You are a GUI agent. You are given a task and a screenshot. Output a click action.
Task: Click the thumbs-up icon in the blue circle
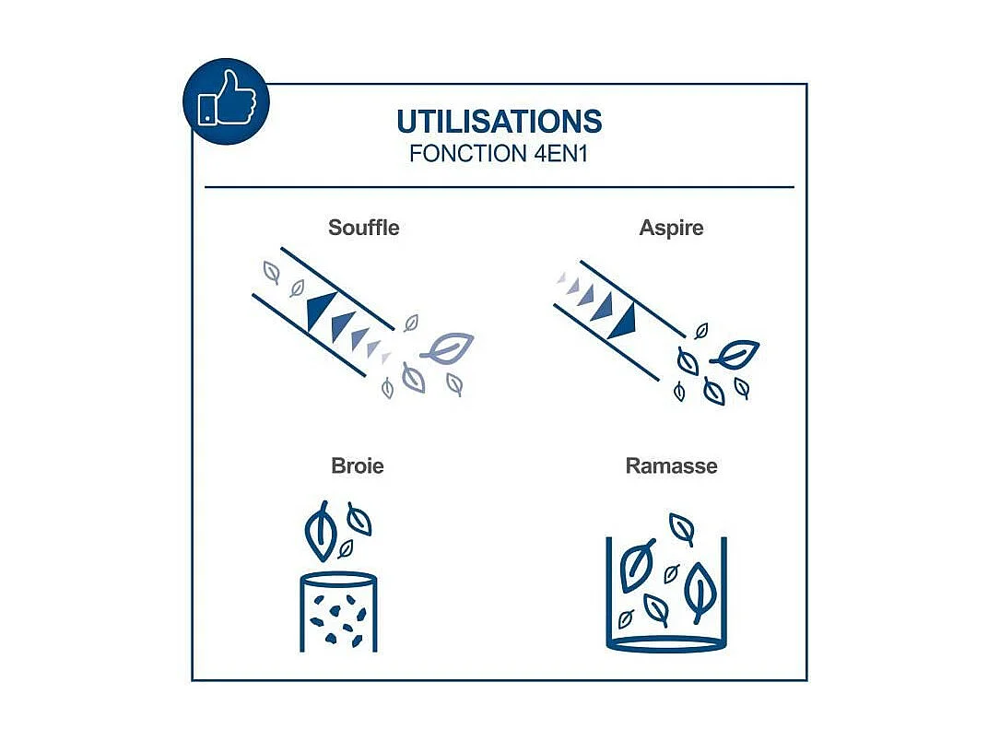227,100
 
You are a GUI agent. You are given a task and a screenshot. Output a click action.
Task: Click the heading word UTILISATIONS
499,122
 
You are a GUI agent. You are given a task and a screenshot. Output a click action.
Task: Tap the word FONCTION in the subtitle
468,154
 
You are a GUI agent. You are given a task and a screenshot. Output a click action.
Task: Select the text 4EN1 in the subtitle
560,154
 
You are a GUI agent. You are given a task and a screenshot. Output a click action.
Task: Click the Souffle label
363,228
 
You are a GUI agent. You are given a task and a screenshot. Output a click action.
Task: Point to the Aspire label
671,228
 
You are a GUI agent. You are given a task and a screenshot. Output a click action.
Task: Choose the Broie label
358,465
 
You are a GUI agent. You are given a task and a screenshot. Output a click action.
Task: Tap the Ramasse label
671,465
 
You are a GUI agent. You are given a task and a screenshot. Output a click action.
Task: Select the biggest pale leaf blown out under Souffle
448,348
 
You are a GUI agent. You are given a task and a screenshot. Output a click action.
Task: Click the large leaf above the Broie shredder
322,531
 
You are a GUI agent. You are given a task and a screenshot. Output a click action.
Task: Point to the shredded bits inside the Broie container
338,620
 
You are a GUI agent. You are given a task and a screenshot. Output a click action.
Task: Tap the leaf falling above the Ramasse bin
682,529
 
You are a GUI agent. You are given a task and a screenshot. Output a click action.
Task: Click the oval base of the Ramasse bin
666,644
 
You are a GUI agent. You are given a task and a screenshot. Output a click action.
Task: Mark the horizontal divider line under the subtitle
499,187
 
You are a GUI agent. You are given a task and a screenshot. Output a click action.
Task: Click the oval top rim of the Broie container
338,578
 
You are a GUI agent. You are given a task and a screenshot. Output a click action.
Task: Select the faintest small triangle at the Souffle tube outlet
385,359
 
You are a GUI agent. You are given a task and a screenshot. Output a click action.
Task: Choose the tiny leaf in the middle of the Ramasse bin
672,574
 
